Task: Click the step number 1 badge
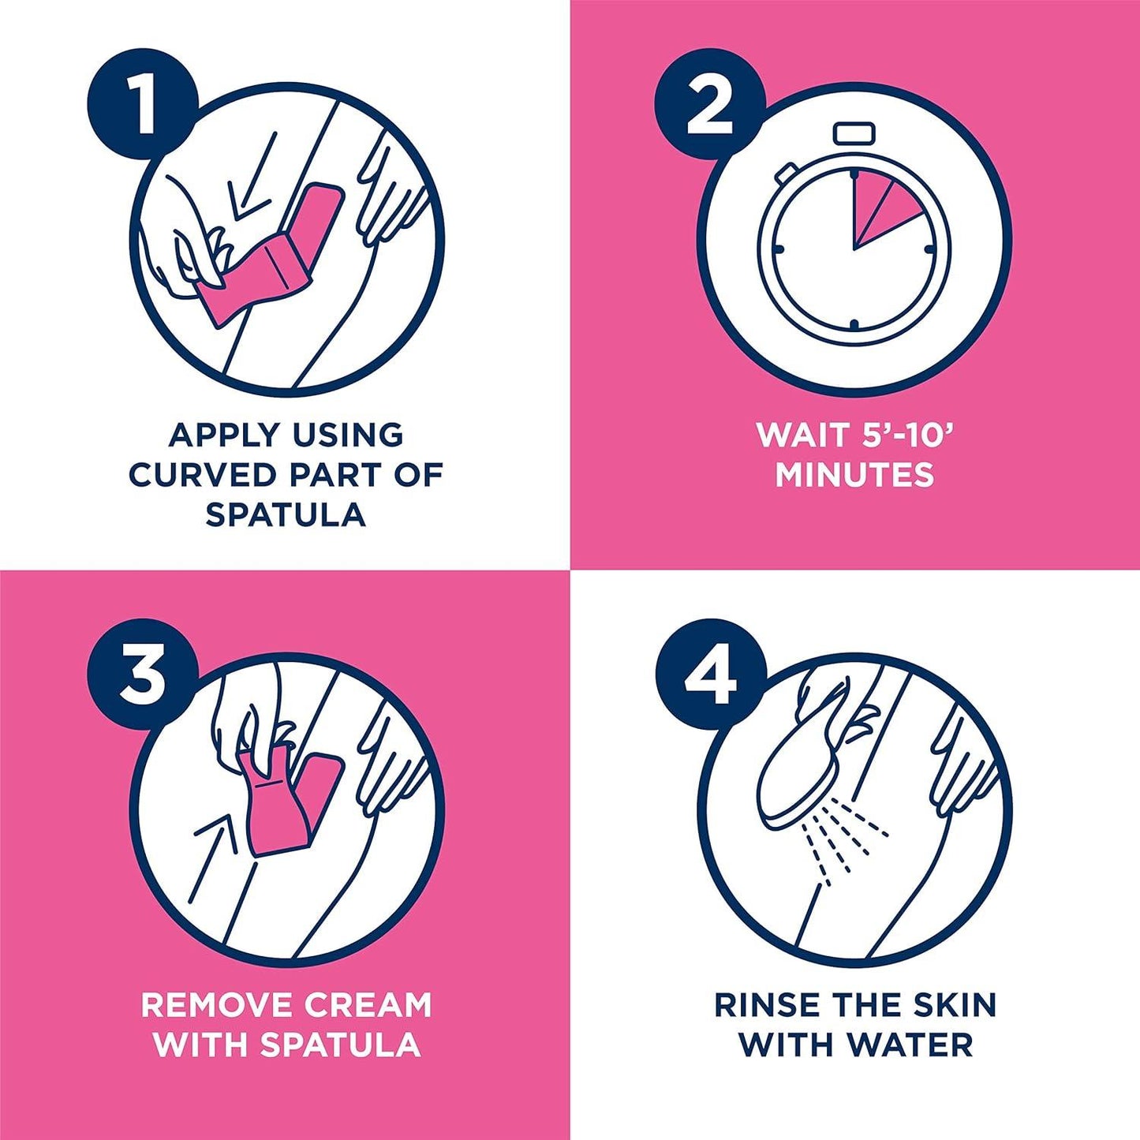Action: tap(143, 107)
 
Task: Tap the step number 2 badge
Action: tap(710, 107)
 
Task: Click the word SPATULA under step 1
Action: tap(285, 514)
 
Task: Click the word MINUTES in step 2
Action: tap(854, 475)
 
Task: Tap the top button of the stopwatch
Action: tap(854, 133)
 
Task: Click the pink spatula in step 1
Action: tap(272, 254)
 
